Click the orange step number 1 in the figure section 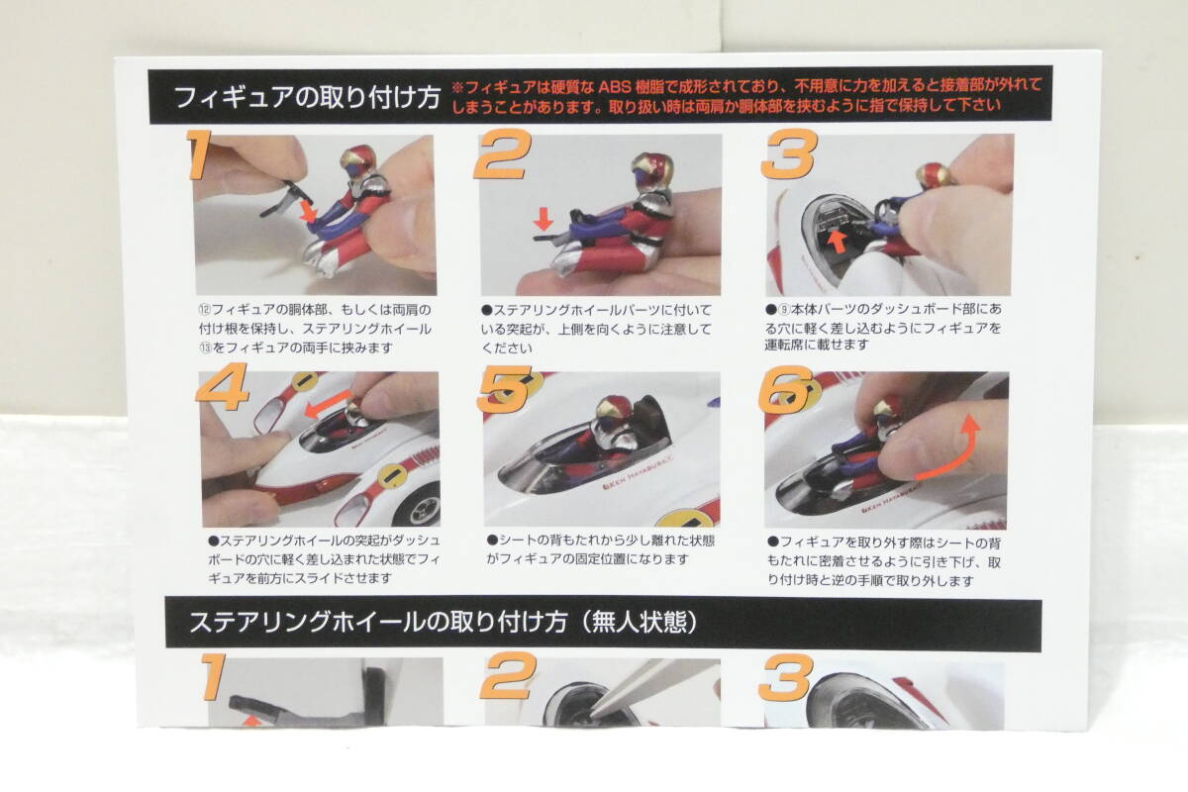(199, 153)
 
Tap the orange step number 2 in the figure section (502, 153)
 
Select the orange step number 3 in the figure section (790, 153)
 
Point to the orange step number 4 (222, 386)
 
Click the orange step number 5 (504, 389)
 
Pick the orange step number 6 (785, 389)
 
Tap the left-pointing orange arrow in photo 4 (328, 405)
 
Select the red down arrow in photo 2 (544, 219)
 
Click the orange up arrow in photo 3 (838, 242)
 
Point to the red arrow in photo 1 (308, 211)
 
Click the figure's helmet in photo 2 (651, 168)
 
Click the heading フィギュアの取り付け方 (308, 98)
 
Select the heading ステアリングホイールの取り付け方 (377, 623)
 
